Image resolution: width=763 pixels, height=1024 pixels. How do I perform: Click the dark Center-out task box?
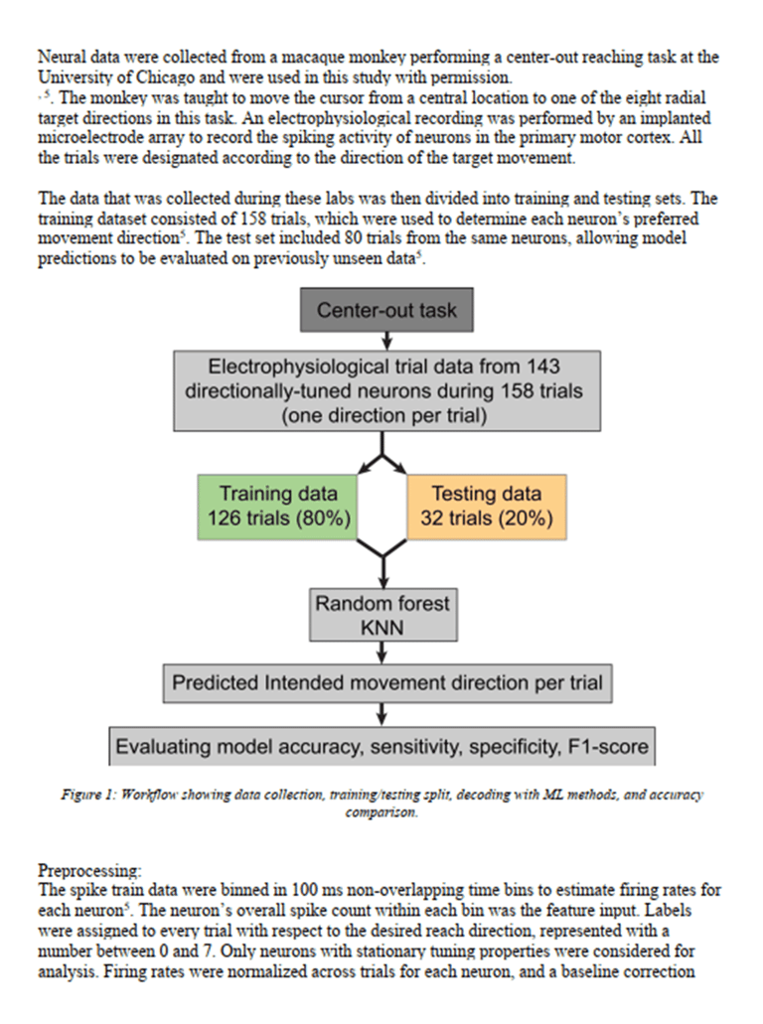(386, 310)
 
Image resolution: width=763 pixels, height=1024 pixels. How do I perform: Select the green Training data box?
(278, 508)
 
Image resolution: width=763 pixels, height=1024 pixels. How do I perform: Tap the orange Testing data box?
(486, 508)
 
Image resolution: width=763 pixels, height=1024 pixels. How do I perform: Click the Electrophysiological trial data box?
(386, 390)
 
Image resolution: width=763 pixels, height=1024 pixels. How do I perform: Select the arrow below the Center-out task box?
(386, 340)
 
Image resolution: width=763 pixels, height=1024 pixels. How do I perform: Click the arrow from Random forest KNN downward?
(382, 652)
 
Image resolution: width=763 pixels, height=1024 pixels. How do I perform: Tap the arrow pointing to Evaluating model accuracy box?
(382, 714)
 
